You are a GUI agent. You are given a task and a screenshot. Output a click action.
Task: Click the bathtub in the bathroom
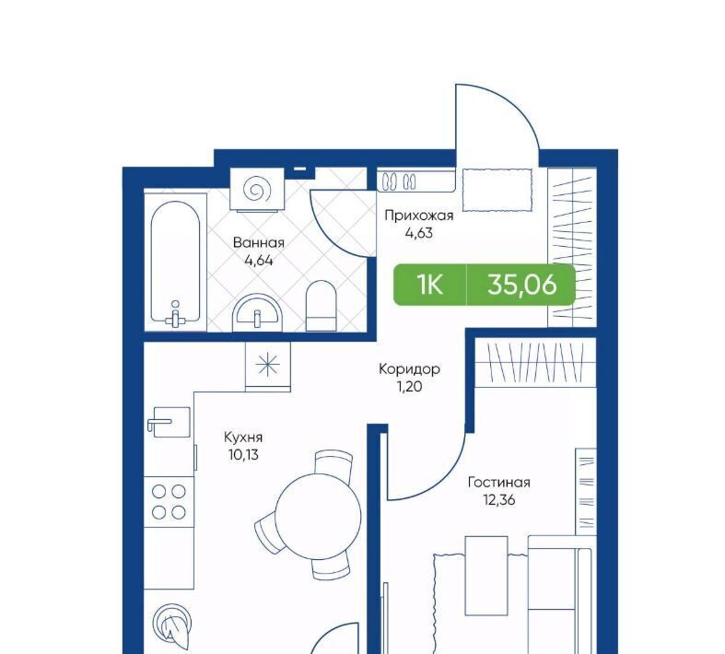click(176, 263)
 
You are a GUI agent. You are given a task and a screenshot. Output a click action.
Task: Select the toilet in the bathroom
click(322, 306)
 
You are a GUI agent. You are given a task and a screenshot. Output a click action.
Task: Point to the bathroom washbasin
click(258, 313)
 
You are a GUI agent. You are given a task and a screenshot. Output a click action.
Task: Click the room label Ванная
click(259, 242)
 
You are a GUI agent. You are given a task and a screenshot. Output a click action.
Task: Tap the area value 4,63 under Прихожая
click(419, 233)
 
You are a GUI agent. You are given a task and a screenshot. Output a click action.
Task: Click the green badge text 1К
click(430, 285)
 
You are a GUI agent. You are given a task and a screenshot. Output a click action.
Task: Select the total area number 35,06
click(522, 285)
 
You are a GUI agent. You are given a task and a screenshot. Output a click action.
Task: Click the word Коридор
click(409, 368)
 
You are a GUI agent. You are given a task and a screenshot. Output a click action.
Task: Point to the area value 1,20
click(409, 386)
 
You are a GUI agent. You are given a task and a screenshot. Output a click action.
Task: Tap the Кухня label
click(243, 438)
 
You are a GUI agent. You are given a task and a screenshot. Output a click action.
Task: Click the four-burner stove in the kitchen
click(169, 502)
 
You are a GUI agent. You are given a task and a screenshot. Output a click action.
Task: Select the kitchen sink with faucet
click(169, 422)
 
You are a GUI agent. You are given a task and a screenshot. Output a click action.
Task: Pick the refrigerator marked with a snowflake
click(268, 367)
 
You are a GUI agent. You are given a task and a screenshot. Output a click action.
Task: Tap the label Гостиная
click(499, 483)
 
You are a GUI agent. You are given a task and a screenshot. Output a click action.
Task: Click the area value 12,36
click(499, 500)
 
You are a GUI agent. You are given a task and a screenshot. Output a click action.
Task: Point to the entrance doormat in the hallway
click(497, 190)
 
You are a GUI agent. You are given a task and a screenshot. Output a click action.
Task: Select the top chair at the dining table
click(333, 461)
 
